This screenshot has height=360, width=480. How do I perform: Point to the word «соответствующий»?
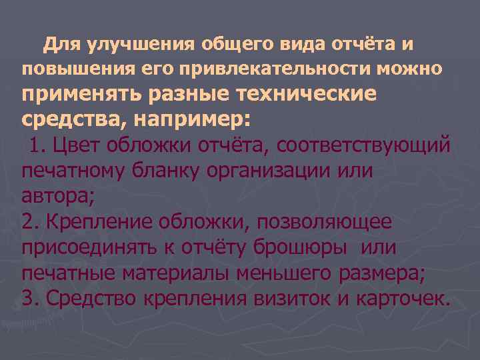tap(364, 145)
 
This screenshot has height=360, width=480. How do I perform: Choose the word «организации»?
tap(278, 171)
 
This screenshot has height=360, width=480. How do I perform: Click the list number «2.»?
tap(30, 221)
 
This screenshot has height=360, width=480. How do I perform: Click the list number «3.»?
tap(30, 298)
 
